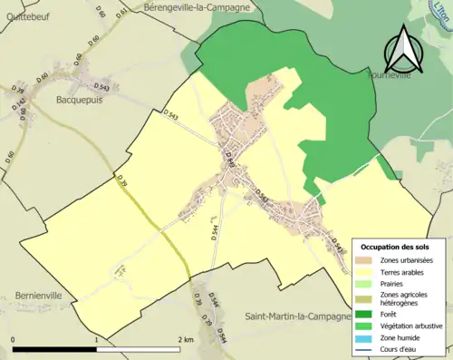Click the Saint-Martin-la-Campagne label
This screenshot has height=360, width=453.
[298, 316]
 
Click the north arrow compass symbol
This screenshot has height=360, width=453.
[405, 50]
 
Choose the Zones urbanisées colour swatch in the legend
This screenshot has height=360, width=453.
[367, 262]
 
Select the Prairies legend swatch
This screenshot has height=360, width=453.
[367, 285]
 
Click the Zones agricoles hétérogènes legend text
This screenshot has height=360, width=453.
[403, 299]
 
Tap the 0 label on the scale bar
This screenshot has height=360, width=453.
[14, 340]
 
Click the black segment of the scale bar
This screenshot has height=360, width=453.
[54, 349]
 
